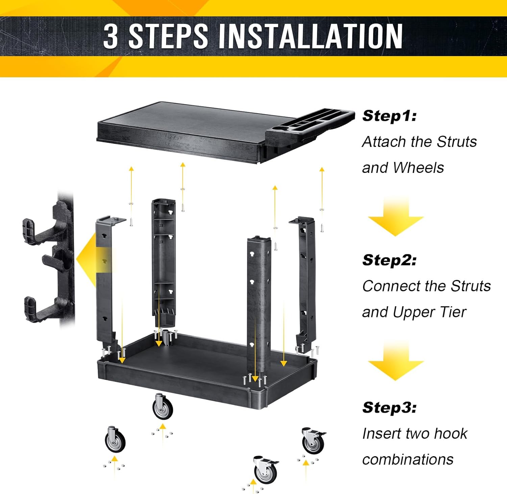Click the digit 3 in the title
pyautogui.click(x=111, y=36)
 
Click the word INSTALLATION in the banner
pyautogui.click(x=310, y=36)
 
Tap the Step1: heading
pyautogui.click(x=389, y=116)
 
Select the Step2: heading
pyautogui.click(x=389, y=260)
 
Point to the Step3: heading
pyautogui.click(x=389, y=407)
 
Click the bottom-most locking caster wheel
pyautogui.click(x=266, y=469)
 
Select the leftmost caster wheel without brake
pyautogui.click(x=115, y=440)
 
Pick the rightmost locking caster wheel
pyautogui.click(x=313, y=440)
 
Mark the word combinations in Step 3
pyautogui.click(x=408, y=460)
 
